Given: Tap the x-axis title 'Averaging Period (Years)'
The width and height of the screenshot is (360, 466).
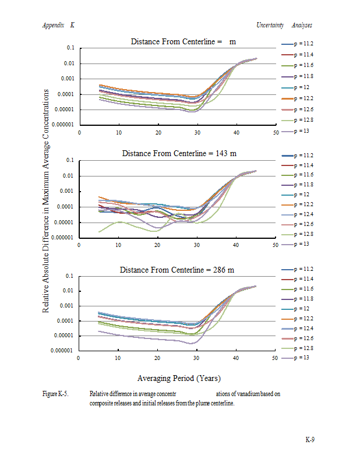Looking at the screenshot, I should [x=179, y=378].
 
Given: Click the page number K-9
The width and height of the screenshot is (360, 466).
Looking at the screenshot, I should [x=310, y=439].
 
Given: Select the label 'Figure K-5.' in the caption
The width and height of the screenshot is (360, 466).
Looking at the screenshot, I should [x=56, y=394].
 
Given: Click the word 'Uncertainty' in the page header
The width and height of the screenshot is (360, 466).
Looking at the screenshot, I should [x=270, y=25].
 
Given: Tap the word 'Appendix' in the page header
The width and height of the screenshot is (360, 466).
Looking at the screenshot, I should [x=53, y=25].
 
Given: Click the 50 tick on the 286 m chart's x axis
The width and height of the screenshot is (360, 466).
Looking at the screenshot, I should [x=274, y=358].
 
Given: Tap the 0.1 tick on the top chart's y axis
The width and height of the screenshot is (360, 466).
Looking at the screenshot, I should [x=70, y=48].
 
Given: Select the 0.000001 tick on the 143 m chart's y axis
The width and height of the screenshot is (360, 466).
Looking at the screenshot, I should [x=63, y=238].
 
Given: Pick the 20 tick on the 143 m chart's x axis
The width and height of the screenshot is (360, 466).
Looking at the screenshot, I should [x=158, y=245].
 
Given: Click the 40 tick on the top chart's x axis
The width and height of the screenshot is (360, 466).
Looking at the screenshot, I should [x=237, y=133].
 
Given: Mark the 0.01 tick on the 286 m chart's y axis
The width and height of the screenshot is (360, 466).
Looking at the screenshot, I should [x=69, y=291].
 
